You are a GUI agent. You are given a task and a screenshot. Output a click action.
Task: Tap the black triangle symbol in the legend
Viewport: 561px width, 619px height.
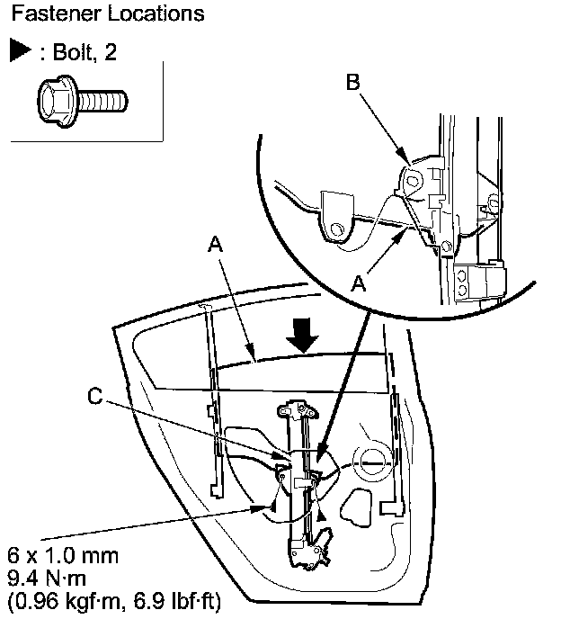click(x=21, y=50)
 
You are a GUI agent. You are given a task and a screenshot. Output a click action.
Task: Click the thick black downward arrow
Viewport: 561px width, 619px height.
click(x=300, y=339)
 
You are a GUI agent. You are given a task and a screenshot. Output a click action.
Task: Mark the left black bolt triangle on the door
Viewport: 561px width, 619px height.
click(x=268, y=508)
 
